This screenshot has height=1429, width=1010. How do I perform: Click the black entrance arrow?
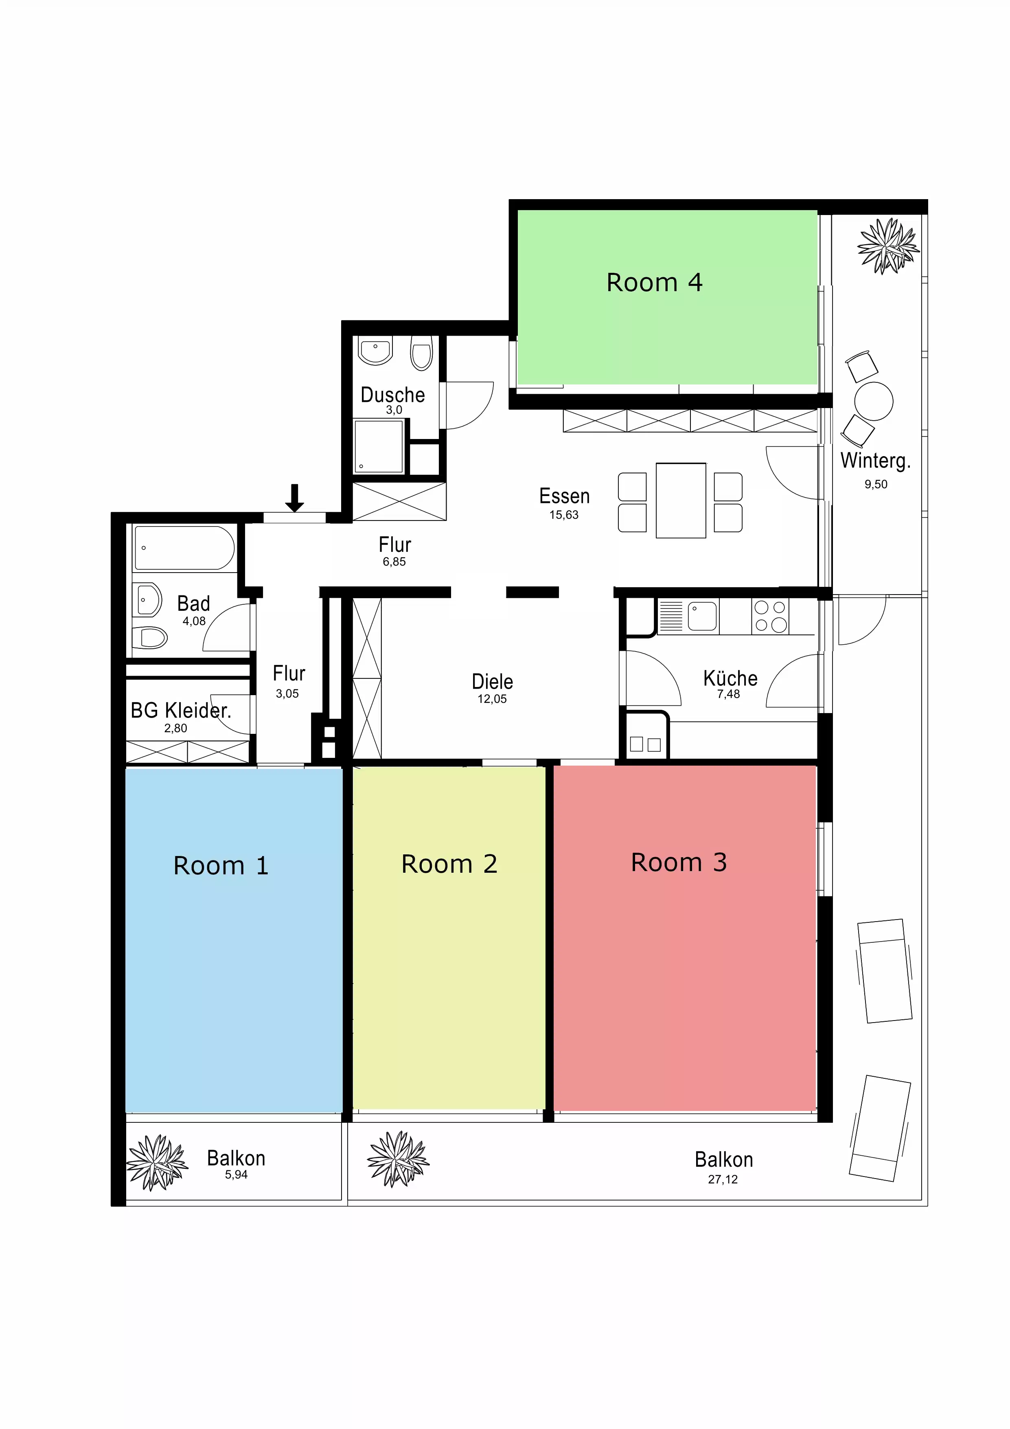pos(294,498)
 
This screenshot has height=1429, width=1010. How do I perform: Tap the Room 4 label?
pos(654,283)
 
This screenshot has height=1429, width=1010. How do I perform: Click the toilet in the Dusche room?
pos(421,353)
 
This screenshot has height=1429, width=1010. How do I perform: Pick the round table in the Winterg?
pos(873,402)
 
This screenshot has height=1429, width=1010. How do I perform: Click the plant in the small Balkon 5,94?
pos(157,1162)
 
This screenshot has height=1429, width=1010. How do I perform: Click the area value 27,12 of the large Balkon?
pos(723,1179)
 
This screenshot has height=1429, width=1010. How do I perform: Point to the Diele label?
pos(492,681)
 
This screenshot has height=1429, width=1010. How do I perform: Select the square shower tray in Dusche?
pos(378,446)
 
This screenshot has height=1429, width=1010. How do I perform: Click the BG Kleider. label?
pos(180,710)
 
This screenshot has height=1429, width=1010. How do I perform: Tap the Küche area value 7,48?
pos(728,694)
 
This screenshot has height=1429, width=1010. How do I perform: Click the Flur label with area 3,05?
pos(289,674)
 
